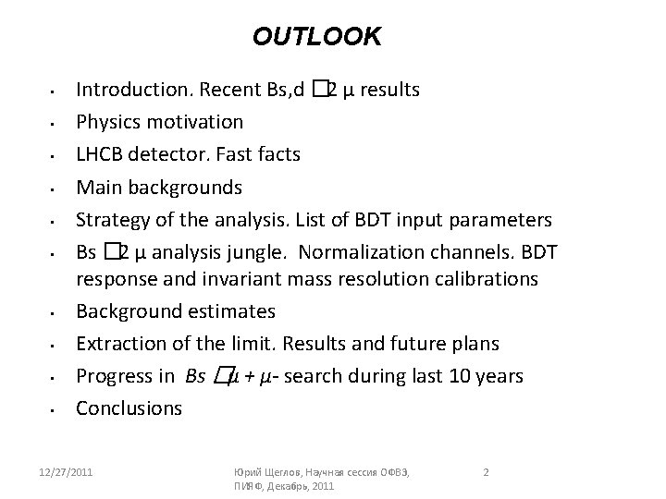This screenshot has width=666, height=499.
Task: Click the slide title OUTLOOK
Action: [x=316, y=37]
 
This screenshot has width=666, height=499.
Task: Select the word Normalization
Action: [x=357, y=252]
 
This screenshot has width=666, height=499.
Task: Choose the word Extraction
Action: [x=119, y=344]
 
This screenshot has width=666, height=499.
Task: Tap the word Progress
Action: [x=113, y=376]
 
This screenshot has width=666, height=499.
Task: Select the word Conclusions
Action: [x=129, y=408]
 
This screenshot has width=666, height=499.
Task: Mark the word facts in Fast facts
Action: [x=278, y=154]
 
